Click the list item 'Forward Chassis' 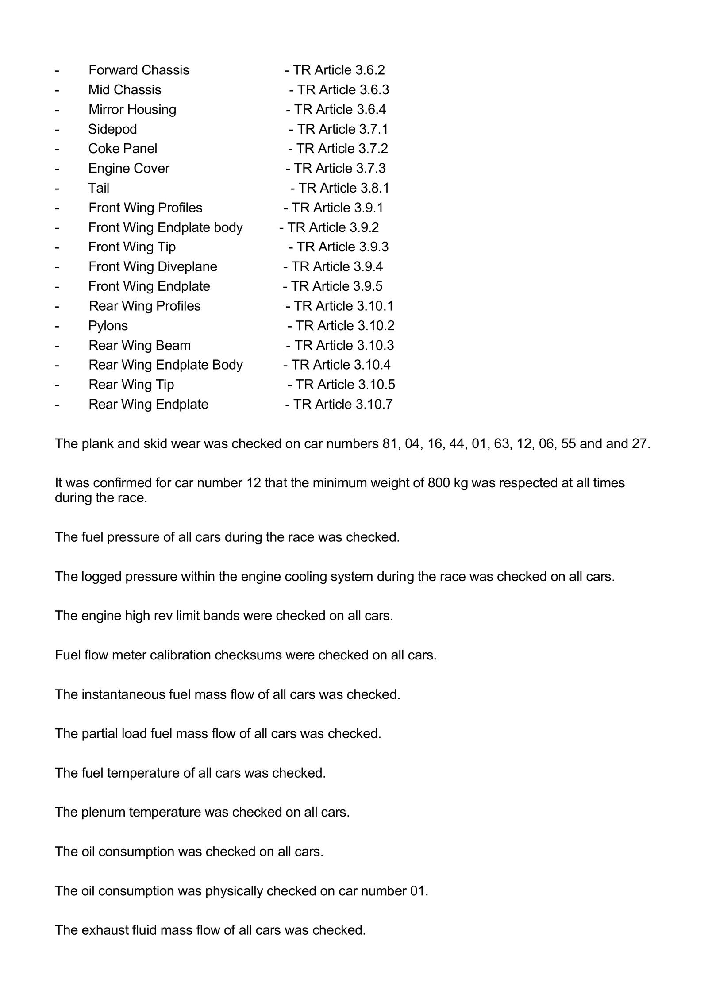139,70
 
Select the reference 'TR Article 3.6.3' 343,90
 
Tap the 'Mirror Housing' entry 132,109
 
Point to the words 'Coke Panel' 123,149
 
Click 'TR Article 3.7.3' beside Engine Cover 340,168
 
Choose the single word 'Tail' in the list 98,188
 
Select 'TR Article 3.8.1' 344,188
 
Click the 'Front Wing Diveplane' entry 153,266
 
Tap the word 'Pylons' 108,326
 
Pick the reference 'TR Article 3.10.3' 344,345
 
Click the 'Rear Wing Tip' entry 131,385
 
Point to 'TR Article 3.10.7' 343,404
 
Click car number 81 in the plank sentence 389,443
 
